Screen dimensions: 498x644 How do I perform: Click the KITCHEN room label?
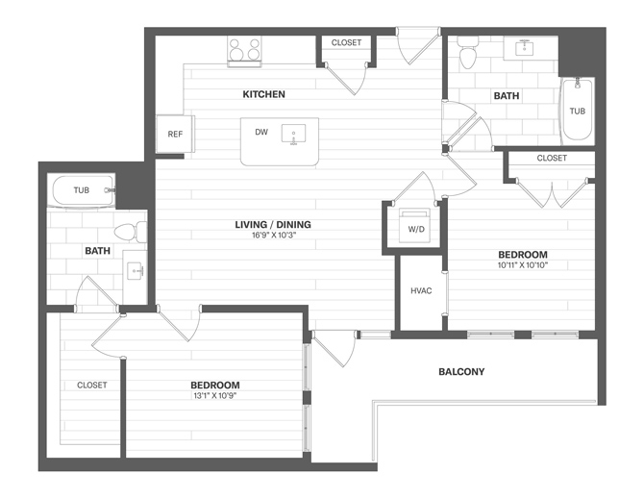tap(263, 94)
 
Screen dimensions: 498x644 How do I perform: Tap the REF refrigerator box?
tap(175, 134)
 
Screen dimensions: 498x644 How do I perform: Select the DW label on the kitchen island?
tap(260, 133)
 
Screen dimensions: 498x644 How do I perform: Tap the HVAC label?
tap(420, 289)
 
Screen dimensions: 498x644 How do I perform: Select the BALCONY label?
tap(461, 371)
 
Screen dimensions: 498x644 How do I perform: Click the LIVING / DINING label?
tap(273, 225)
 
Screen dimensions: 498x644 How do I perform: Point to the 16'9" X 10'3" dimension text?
tap(273, 237)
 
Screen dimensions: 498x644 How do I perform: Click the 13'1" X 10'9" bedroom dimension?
tap(214, 395)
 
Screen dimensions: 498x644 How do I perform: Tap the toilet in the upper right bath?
tap(468, 54)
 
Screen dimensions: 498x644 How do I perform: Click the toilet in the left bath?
tap(129, 232)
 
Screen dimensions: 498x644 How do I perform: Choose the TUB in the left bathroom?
tap(83, 190)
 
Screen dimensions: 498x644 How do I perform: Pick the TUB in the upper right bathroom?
tap(576, 110)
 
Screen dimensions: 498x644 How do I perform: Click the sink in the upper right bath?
tap(526, 47)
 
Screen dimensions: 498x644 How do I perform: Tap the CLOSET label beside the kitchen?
tap(346, 42)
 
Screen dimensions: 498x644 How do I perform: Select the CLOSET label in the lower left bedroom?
tap(92, 385)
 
